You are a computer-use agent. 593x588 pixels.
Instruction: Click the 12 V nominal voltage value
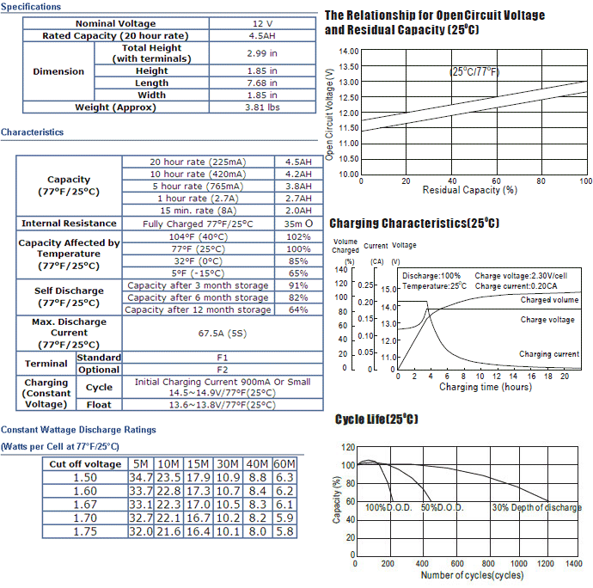[262, 23]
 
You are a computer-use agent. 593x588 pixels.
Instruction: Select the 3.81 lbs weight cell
[262, 107]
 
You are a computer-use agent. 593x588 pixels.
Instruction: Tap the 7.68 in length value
[262, 83]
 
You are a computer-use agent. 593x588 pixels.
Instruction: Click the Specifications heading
[31, 7]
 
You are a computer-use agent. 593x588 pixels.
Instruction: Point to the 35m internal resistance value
[298, 224]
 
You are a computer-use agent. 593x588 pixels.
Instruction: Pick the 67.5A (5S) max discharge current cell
[223, 334]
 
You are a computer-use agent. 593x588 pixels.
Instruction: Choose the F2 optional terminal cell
[223, 370]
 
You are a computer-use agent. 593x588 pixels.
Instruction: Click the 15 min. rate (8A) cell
[199, 211]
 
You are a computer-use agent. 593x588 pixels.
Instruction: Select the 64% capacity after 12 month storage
[298, 309]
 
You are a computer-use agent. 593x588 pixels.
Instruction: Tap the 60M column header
[284, 464]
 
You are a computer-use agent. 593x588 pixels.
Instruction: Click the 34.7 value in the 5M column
[141, 477]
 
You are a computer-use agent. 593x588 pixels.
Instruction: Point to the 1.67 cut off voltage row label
[85, 505]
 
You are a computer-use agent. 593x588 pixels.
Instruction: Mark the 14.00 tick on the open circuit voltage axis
[349, 51]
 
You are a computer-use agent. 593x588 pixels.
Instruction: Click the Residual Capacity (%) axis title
[470, 190]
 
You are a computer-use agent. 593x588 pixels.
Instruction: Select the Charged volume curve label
[549, 300]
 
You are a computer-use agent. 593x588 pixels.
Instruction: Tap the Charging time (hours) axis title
[486, 387]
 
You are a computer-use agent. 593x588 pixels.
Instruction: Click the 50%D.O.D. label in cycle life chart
[442, 507]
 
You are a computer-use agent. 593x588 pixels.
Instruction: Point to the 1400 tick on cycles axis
[574, 564]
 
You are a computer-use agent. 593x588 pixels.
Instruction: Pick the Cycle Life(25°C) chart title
[376, 420]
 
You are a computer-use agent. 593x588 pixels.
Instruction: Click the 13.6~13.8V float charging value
[223, 405]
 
